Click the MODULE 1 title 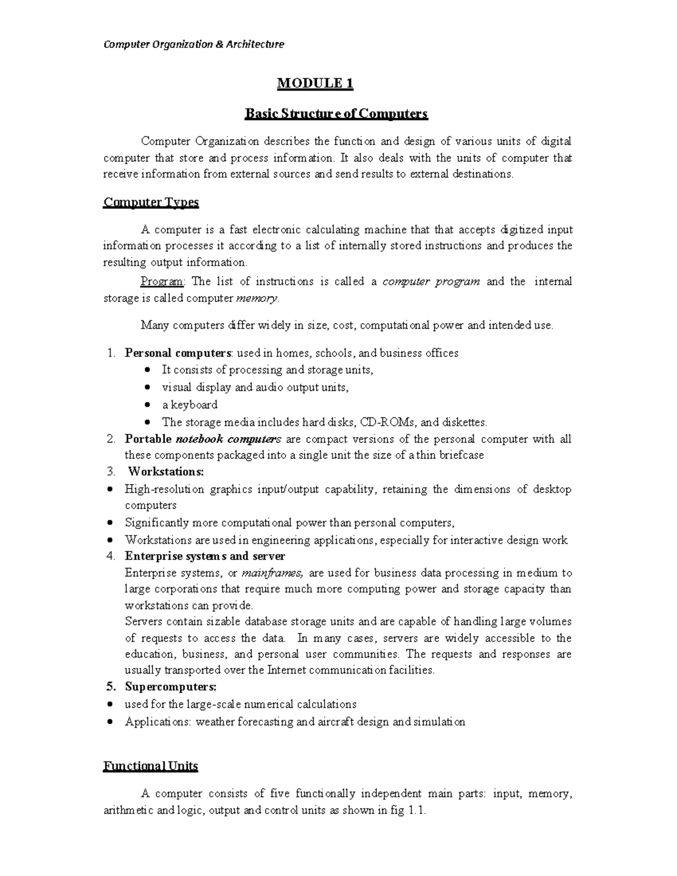315,84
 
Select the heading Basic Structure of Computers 336,114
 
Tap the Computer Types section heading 151,202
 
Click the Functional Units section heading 151,766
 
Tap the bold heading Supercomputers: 170,687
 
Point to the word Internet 286,671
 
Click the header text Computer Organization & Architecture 194,44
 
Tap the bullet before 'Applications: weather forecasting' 111,722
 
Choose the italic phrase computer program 431,281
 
